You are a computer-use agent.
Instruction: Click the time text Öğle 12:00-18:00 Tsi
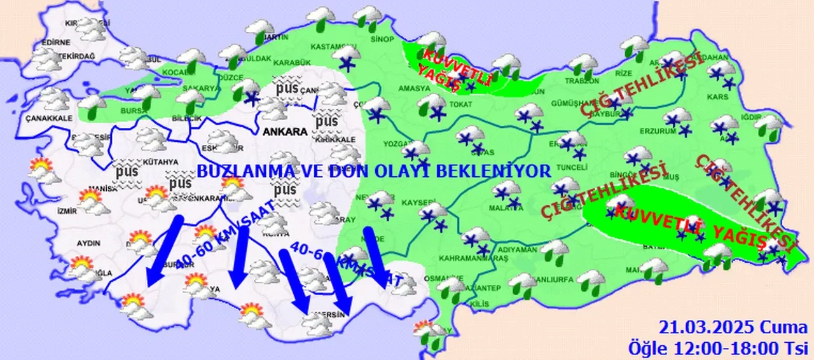pos(718,348)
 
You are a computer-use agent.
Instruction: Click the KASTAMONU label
pos(328,46)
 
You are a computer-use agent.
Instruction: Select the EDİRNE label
pos(55,43)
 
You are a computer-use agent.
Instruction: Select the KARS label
pos(721,97)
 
